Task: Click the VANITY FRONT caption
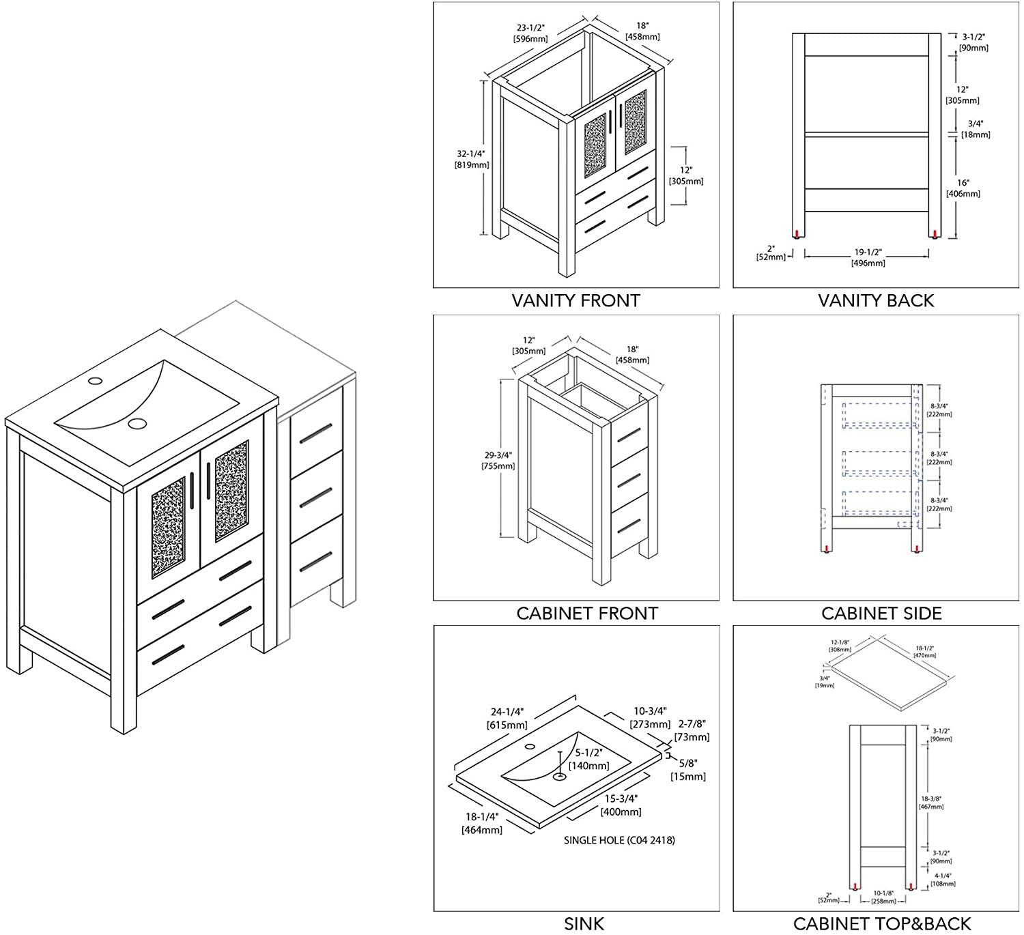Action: (575, 300)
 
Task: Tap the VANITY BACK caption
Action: (876, 300)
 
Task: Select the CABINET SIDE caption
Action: (881, 613)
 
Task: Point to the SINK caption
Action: (584, 924)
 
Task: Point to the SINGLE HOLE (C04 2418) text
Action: (619, 840)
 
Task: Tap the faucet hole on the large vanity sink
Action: (96, 380)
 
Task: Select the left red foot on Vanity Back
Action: (797, 234)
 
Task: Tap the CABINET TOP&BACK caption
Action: (881, 924)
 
